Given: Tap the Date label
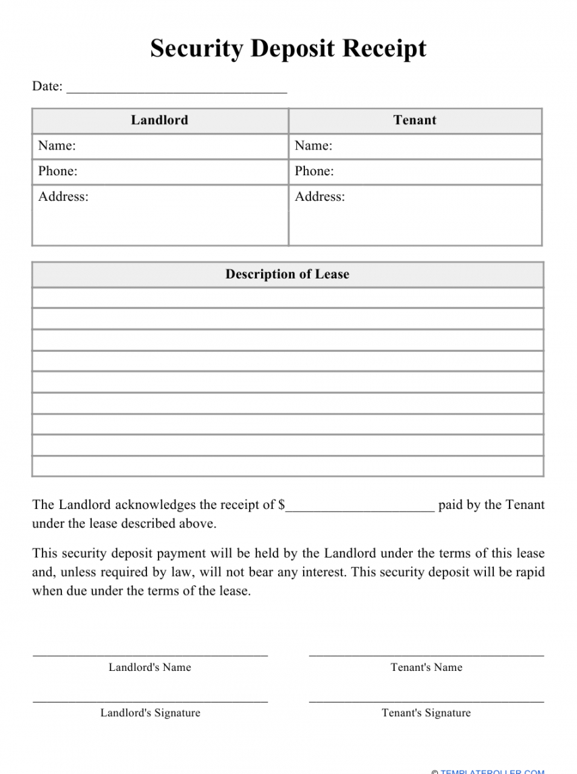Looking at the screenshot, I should coord(47,86).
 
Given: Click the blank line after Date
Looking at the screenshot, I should coord(177,90).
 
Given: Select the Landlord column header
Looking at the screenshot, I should coord(159,121).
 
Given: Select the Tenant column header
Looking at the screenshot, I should coord(414,121).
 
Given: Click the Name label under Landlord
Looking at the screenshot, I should coord(57,146).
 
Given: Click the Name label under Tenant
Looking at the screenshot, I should coord(313,146).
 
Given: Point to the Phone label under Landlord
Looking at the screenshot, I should coord(57,171).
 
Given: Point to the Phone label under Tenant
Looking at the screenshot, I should coord(314,171).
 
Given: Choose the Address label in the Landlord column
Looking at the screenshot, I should coord(63,197).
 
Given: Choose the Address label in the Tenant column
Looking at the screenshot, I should coord(319,197).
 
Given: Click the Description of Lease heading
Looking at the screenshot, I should coord(287,274).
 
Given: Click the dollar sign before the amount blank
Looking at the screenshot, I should coord(281,505).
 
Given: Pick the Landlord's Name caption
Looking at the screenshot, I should coord(150,667).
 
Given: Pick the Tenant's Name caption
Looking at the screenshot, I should coord(427,667).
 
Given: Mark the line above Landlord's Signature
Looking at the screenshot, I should coord(150,702).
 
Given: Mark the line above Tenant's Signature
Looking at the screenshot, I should coord(427,702).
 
